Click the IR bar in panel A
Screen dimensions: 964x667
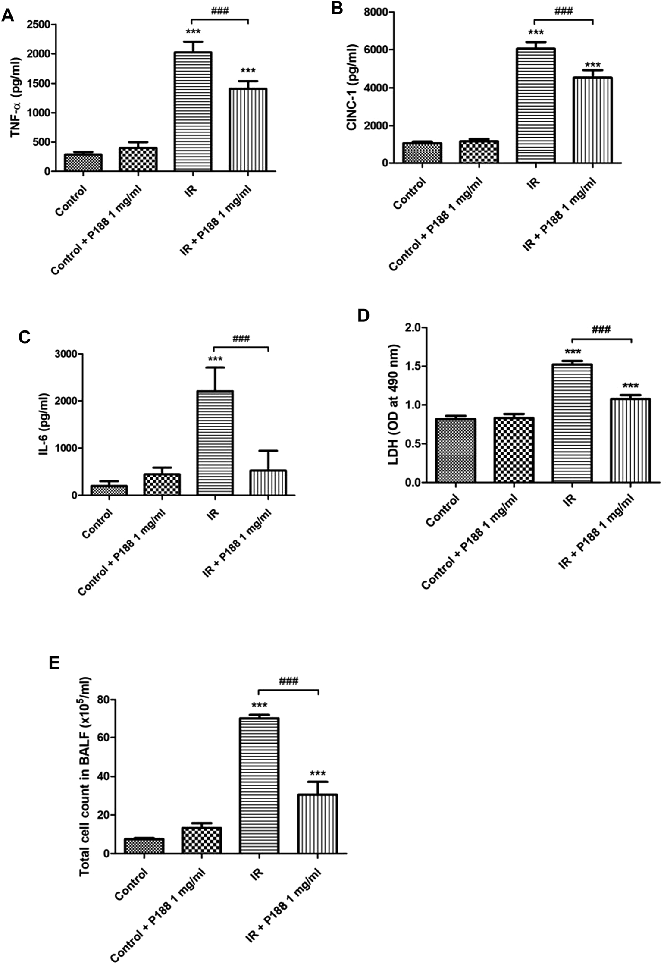pos(193,112)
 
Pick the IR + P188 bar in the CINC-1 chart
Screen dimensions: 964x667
pos(592,120)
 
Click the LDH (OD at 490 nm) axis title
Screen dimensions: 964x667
pos(393,405)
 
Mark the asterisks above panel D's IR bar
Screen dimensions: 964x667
pos(572,352)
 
